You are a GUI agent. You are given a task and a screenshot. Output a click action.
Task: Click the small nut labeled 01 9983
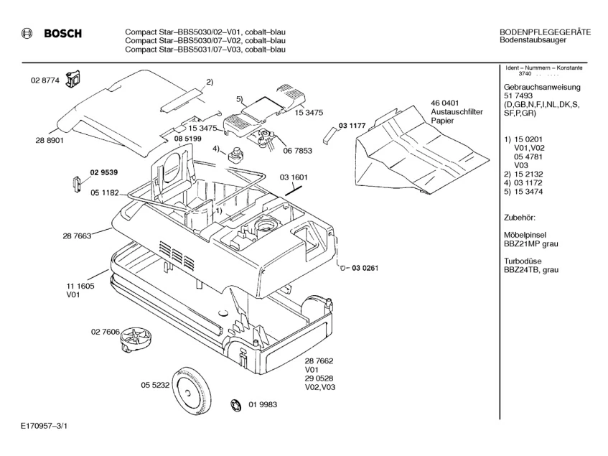pos(235,406)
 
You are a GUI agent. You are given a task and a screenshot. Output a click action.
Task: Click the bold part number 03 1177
pos(352,126)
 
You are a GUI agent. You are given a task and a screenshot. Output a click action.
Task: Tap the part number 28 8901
pos(50,140)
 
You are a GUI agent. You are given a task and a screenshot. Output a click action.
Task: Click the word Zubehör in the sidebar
pos(520,216)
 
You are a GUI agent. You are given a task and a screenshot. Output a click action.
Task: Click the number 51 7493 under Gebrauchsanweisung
pos(519,96)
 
